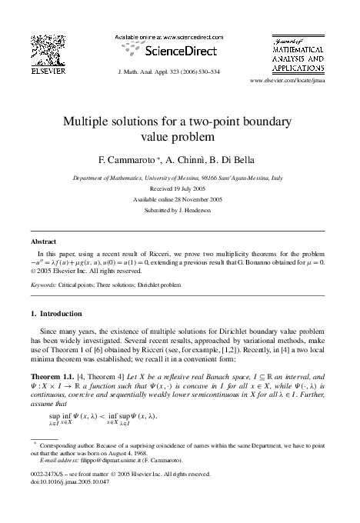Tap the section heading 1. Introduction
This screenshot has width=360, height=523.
60,315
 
